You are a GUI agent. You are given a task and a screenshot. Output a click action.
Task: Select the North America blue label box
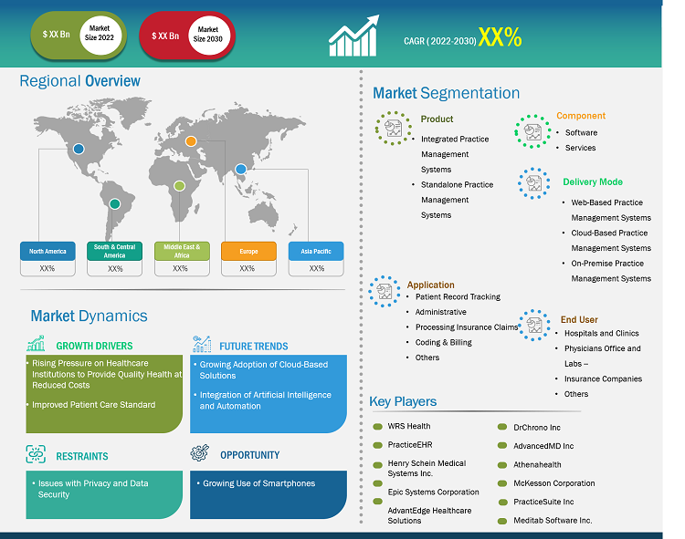pos(47,251)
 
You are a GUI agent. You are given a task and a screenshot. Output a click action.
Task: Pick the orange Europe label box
pos(248,251)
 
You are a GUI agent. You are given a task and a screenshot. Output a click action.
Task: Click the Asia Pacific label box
pos(316,251)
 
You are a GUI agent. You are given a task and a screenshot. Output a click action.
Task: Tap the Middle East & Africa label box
pos(181,251)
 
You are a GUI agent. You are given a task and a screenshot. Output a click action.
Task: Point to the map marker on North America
pos(79,149)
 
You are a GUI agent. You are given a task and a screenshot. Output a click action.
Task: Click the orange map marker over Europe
pos(192,140)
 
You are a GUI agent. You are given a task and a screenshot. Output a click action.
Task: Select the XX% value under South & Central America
pos(115,269)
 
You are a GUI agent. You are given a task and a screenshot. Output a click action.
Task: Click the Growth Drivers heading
pos(94,346)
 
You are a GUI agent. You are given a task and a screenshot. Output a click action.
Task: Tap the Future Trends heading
pos(253,346)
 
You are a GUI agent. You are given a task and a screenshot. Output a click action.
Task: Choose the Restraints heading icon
pos(37,454)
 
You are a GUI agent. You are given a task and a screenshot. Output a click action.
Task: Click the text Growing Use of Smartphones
pos(258,483)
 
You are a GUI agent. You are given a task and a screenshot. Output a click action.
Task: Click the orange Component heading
pos(581,116)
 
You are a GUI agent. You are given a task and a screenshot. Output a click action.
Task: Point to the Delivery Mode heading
pos(593,182)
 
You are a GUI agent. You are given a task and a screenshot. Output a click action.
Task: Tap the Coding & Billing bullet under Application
pos(444,342)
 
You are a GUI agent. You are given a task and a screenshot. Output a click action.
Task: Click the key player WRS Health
pos(408,426)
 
